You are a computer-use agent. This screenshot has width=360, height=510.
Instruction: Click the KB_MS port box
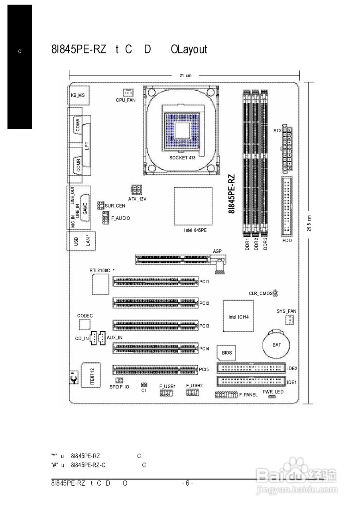[x=78, y=95]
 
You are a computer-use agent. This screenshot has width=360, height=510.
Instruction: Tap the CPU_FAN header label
[x=126, y=100]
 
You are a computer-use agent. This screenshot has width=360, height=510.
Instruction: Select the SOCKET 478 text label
[x=182, y=158]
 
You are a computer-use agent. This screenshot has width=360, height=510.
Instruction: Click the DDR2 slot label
[x=256, y=244]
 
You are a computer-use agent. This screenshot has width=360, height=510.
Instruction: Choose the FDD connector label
[x=287, y=241]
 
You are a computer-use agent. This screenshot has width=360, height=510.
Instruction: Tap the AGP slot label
[x=217, y=251]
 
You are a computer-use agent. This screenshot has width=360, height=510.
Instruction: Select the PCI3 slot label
[x=205, y=326]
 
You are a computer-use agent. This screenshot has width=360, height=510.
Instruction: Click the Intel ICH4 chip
[x=238, y=316]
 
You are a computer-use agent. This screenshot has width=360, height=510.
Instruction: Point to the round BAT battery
[x=277, y=345]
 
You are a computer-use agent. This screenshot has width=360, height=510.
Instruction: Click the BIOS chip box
[x=226, y=353]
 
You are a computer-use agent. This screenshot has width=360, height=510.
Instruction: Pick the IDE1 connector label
[x=292, y=382]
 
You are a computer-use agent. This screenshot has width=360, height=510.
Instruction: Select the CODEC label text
[x=85, y=316]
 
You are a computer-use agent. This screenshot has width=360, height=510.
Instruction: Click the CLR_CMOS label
[x=261, y=294]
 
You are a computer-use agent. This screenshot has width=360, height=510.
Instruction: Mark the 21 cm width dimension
[x=186, y=75]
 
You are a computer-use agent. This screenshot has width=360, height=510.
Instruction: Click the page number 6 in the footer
[x=187, y=483]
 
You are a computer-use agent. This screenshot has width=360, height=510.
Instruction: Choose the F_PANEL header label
[x=248, y=394]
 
